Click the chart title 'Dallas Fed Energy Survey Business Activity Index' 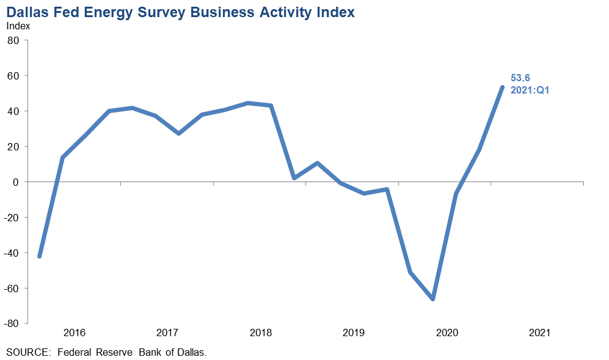180,12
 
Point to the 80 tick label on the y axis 14,40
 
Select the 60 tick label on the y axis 14,76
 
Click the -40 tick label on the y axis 12,253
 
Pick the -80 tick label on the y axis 12,324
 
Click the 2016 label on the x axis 74,333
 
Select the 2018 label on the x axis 261,333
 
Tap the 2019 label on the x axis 354,333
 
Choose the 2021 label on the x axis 539,333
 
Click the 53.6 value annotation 520,78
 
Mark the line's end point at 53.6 502,87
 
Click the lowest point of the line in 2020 432,299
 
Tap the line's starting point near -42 40,256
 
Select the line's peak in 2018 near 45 247,103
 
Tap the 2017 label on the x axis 167,333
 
